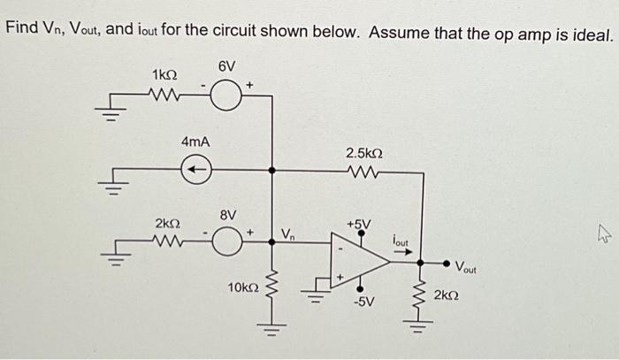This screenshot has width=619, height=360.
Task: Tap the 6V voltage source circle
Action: pyautogui.click(x=227, y=91)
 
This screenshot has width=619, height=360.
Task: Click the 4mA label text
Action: pyautogui.click(x=195, y=142)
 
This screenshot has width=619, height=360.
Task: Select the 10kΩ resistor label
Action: pyautogui.click(x=242, y=287)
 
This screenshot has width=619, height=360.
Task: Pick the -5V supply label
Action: pyautogui.click(x=364, y=303)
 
